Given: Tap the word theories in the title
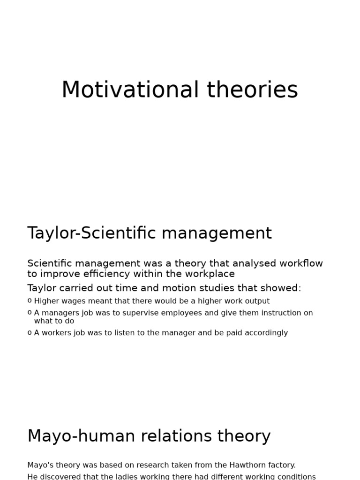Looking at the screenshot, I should [252, 90].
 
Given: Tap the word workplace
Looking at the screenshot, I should [210, 274].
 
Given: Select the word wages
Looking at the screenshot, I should [75, 301].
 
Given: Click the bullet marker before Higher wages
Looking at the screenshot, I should [30, 300].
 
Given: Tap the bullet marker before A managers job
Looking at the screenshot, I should [30, 312].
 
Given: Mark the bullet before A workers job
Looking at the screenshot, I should [30, 332].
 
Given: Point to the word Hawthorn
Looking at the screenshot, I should [250, 465].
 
